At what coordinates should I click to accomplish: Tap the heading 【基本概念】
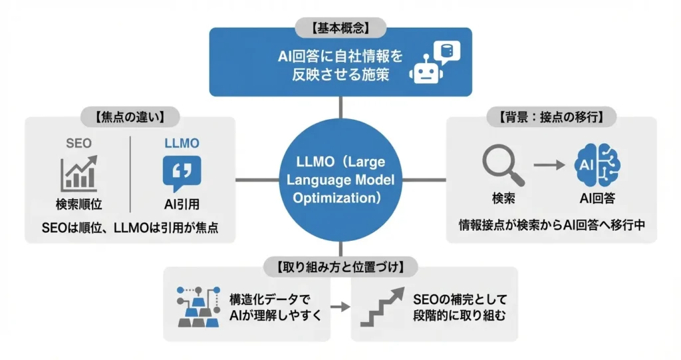click(340, 29)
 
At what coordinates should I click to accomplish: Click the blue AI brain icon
click(597, 164)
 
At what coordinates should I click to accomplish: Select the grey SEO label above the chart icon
click(78, 143)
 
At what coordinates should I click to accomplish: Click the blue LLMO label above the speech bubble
click(182, 143)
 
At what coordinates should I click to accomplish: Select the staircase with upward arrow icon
click(381, 307)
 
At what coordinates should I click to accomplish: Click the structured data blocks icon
click(201, 307)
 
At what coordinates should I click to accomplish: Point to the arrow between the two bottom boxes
click(340, 307)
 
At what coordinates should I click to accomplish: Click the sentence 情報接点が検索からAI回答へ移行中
click(552, 224)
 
